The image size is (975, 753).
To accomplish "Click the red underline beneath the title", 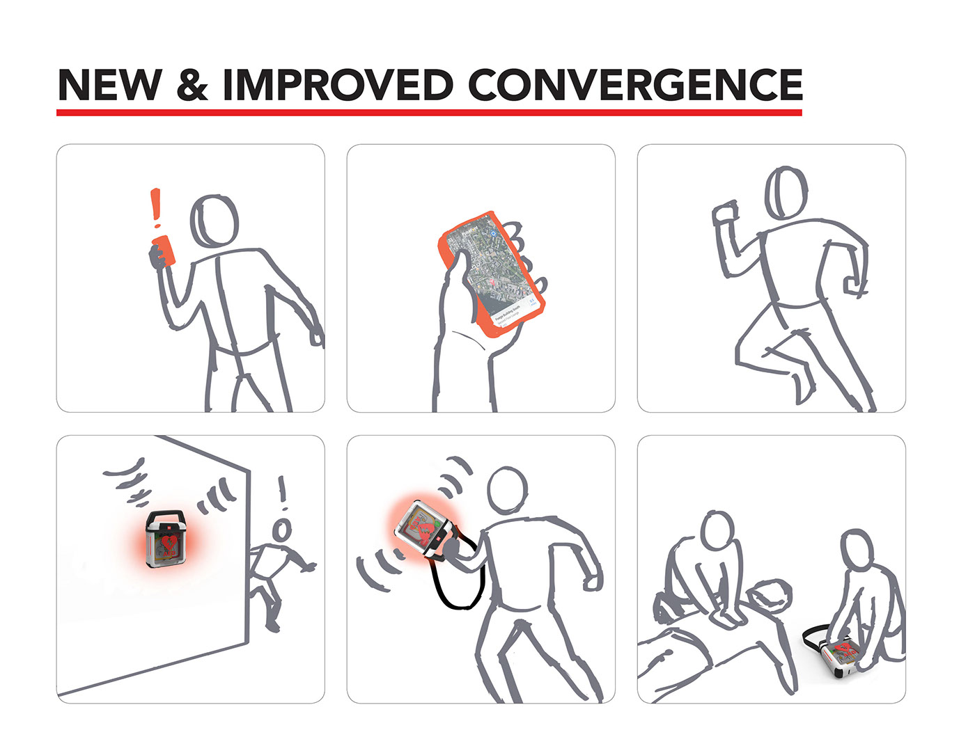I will (x=429, y=112).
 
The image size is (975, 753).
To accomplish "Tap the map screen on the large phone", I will (x=496, y=273).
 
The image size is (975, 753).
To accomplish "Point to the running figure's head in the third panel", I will (x=786, y=193).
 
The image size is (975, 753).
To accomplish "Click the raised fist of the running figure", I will (x=724, y=213).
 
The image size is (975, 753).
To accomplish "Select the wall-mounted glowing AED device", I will (x=166, y=539).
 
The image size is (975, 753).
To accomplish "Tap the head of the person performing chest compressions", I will (x=717, y=532).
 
